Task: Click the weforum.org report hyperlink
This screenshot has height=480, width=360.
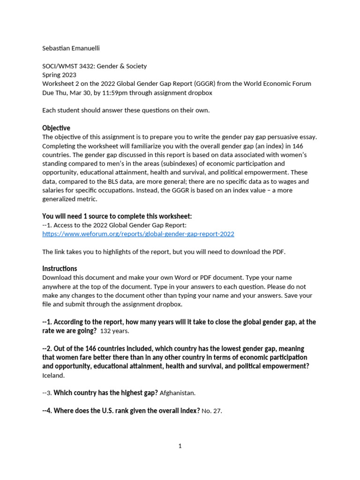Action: coord(138,234)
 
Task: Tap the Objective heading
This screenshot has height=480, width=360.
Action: coord(56,128)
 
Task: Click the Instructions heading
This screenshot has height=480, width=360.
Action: coord(60,269)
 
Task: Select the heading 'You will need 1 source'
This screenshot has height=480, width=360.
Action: coord(117,216)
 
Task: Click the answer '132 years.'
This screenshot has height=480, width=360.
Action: coord(114,331)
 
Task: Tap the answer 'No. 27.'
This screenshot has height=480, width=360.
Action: coord(211,411)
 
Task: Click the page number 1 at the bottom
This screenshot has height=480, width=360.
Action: coord(180,446)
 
